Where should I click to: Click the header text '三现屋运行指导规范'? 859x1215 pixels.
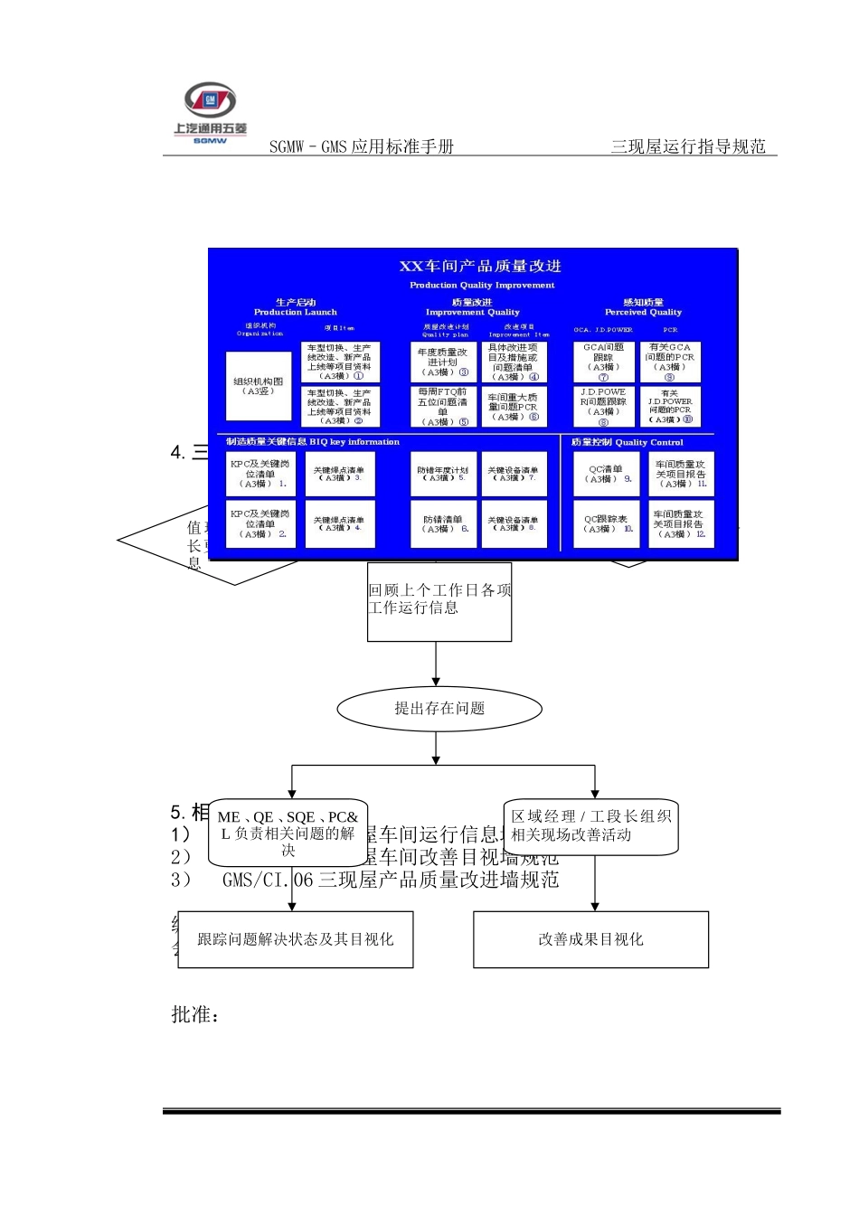click(688, 146)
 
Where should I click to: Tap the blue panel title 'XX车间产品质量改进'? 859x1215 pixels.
click(480, 266)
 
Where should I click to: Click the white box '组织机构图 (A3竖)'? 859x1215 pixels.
click(259, 386)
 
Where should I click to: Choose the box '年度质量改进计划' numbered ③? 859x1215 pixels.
click(443, 362)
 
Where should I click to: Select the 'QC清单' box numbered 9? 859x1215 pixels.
click(605, 474)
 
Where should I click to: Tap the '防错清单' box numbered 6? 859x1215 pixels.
click(443, 524)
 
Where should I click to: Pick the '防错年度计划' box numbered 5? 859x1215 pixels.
click(443, 474)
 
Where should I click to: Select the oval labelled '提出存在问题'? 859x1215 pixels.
click(439, 709)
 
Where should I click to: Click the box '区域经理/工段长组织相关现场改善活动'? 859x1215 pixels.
click(591, 826)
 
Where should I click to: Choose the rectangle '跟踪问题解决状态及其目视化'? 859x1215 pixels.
click(296, 940)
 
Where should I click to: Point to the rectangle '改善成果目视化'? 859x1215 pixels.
click(590, 940)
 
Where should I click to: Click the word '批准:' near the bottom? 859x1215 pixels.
click(195, 1015)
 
